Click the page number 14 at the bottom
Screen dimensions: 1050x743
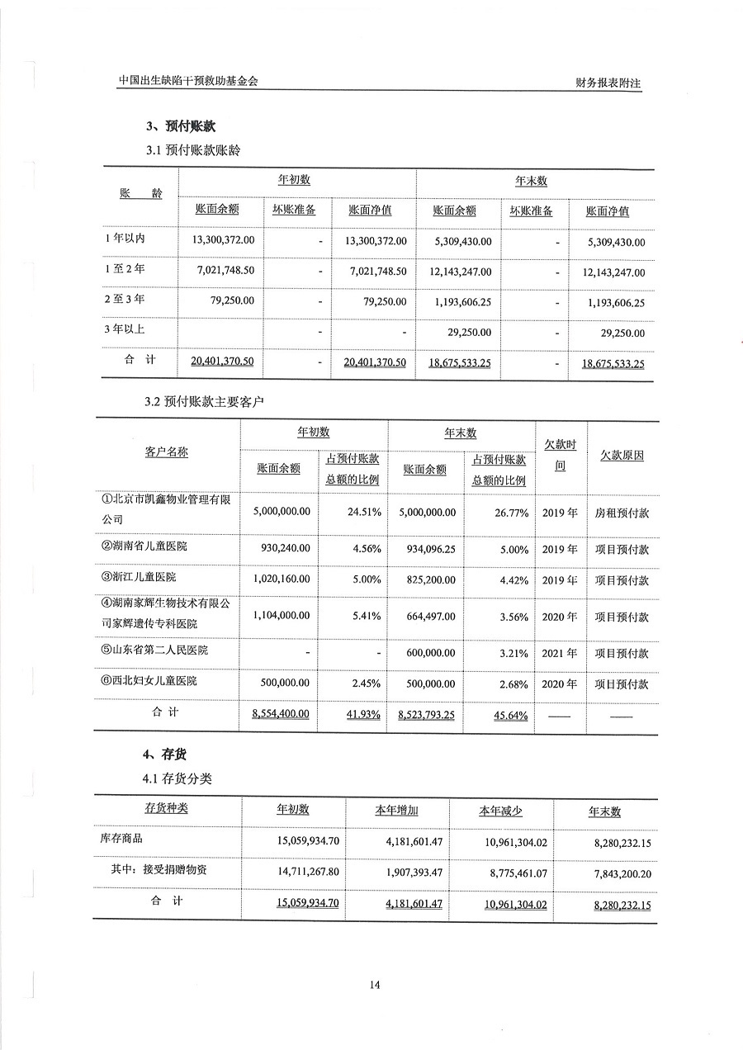pyautogui.click(x=375, y=984)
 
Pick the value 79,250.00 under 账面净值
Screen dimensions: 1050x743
pyautogui.click(x=385, y=302)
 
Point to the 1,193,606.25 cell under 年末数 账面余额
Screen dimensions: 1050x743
pyautogui.click(x=462, y=302)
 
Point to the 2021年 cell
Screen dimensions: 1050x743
pyautogui.click(x=560, y=653)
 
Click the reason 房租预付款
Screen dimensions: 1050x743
pyautogui.click(x=622, y=513)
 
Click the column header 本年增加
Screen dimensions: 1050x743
pyautogui.click(x=396, y=811)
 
